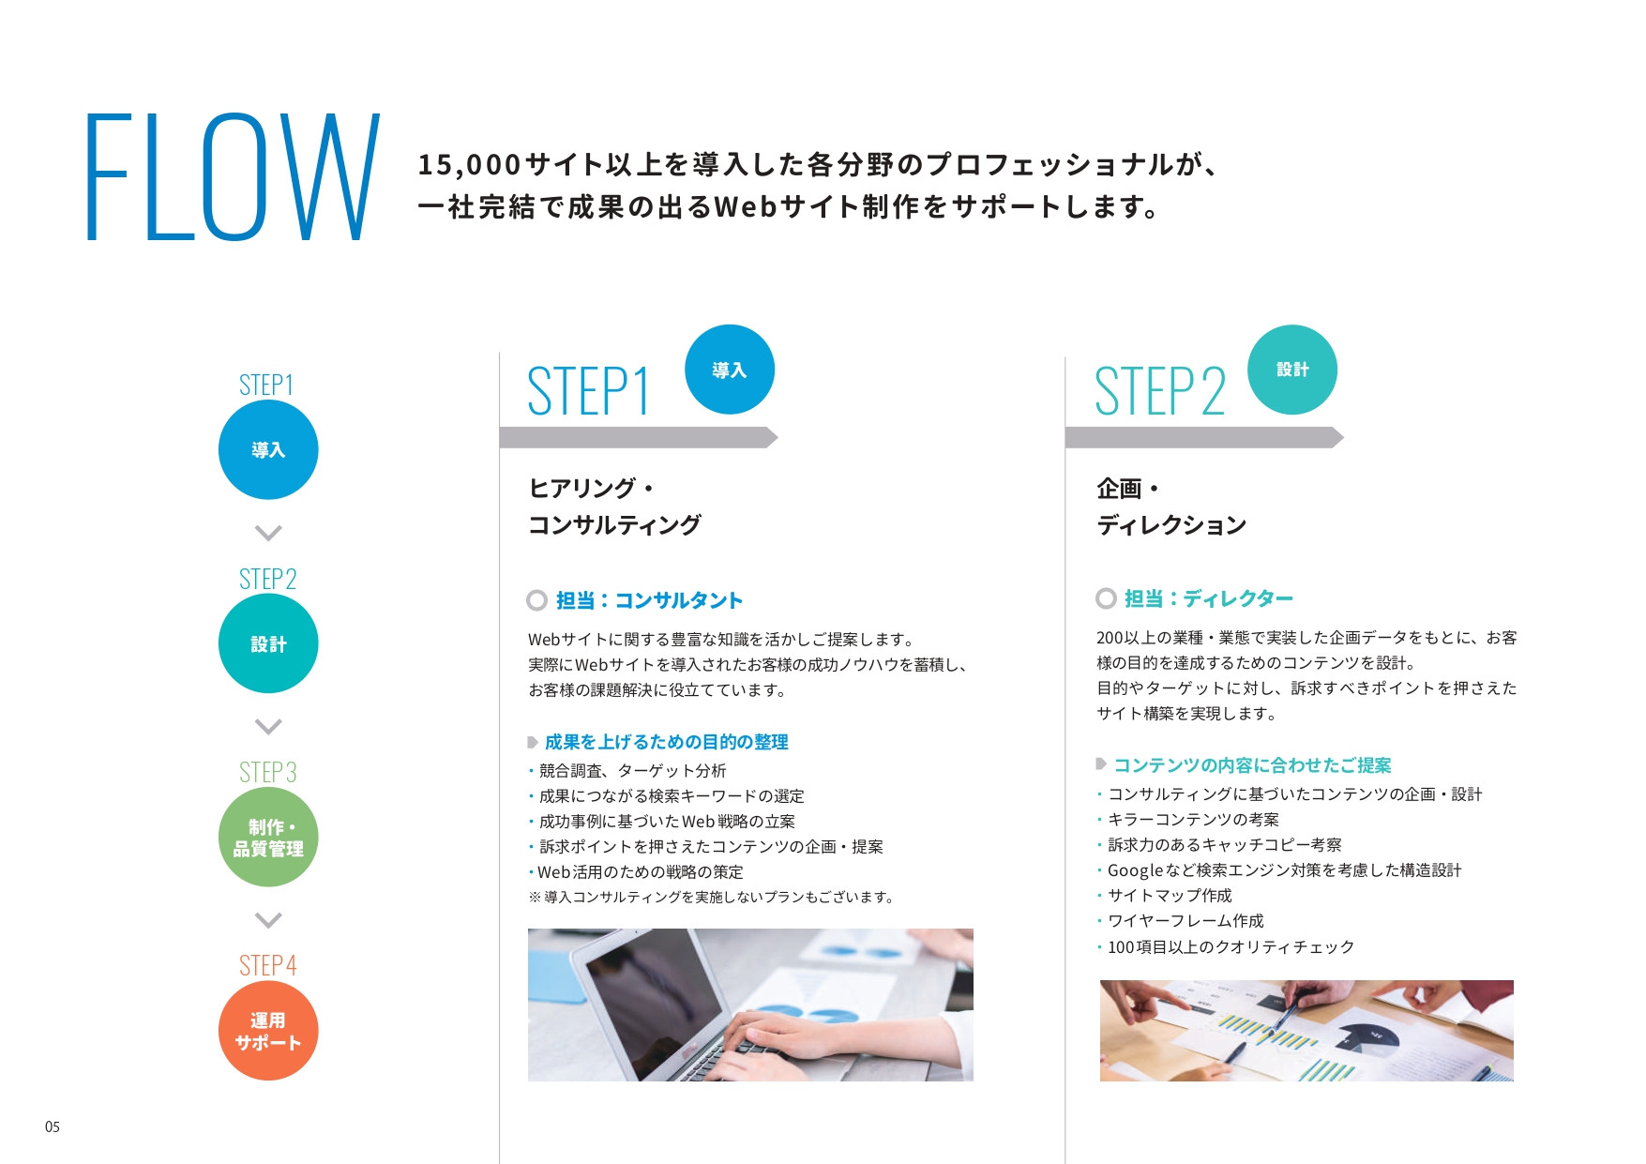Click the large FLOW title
(x=233, y=177)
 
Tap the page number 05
(x=53, y=1126)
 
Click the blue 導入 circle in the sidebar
(x=268, y=450)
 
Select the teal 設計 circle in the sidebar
(x=268, y=643)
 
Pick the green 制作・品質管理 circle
(x=268, y=838)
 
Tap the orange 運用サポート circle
(x=268, y=1031)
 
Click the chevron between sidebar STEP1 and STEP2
(x=268, y=533)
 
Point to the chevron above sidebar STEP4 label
(x=268, y=920)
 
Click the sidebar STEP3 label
(x=268, y=772)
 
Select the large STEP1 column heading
(x=589, y=391)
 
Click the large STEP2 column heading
(x=1160, y=391)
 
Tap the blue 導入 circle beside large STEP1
(x=730, y=370)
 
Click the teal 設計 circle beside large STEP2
(x=1292, y=370)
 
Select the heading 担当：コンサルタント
(x=649, y=600)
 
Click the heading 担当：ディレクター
(x=1208, y=598)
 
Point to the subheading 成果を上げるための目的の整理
(x=666, y=742)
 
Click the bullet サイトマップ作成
(x=1170, y=896)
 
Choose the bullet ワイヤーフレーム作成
(x=1185, y=921)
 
